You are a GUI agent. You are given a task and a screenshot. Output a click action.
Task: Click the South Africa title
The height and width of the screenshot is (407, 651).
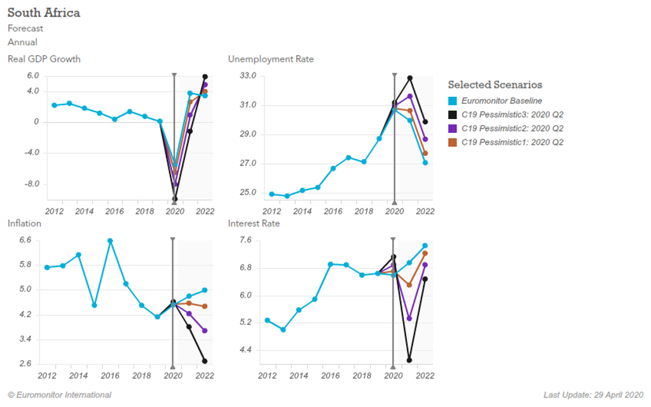click(44, 13)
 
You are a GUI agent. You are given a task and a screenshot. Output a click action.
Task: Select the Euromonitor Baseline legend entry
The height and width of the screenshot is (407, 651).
click(502, 100)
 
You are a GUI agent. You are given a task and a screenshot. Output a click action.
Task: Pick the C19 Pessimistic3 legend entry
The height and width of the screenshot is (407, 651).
click(512, 114)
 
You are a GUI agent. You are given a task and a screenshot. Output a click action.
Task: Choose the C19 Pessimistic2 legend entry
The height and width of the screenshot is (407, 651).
click(512, 128)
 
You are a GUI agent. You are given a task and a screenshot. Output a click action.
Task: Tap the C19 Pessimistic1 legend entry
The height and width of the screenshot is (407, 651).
click(512, 142)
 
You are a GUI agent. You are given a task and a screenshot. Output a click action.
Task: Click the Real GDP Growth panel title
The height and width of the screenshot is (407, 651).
click(44, 59)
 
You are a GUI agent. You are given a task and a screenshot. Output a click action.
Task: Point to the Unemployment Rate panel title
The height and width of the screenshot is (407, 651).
click(271, 59)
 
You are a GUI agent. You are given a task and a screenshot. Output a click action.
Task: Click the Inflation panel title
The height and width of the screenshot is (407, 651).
click(24, 223)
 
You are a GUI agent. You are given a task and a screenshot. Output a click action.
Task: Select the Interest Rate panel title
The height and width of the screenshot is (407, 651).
click(254, 223)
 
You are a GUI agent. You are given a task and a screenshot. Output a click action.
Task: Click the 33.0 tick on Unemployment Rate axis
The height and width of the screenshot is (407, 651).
click(248, 76)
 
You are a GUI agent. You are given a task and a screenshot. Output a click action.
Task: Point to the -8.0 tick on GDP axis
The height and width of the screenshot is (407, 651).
click(31, 184)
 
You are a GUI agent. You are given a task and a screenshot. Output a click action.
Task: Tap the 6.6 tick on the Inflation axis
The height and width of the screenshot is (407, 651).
click(25, 240)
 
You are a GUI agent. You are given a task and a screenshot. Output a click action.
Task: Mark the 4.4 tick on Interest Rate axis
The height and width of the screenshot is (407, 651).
click(245, 350)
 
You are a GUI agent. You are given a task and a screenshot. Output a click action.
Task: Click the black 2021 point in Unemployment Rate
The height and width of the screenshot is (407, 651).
click(410, 78)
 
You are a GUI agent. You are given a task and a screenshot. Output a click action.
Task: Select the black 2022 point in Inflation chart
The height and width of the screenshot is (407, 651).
click(205, 361)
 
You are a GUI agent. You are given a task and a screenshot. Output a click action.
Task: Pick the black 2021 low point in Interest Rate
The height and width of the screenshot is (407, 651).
click(409, 360)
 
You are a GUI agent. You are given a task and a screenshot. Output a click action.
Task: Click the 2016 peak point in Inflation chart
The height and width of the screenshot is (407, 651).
click(110, 241)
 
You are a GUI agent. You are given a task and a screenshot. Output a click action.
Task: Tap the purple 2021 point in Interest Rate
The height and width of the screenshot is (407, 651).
click(409, 318)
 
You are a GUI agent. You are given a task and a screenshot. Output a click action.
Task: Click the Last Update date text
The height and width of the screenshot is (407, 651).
click(593, 395)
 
